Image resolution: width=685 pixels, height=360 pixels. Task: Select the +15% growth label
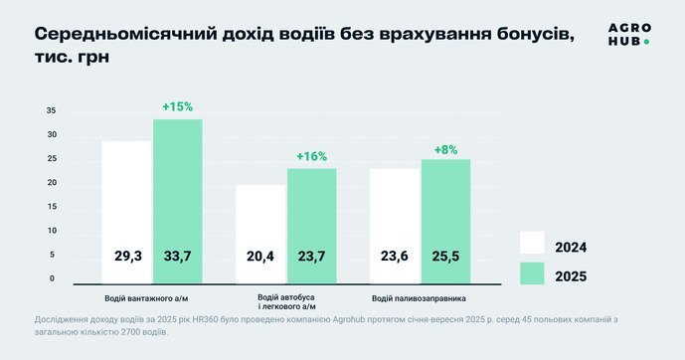177,106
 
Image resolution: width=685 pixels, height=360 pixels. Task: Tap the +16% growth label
311,156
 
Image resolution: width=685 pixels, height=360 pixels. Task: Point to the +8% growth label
445,149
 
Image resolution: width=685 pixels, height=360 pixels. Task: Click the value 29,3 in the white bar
127,257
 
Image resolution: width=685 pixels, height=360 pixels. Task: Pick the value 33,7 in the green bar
177,257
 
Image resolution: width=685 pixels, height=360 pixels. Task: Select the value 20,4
260,257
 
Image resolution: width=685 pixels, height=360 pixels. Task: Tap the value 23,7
311,257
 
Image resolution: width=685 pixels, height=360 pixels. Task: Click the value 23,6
396,257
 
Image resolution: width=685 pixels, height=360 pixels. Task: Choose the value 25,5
445,257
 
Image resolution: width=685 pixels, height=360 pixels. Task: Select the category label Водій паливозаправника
419,298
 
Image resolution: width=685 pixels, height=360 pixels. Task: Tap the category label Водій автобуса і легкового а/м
285,302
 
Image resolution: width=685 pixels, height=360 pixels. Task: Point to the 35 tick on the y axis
51,111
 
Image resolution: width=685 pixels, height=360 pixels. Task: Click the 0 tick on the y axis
53,279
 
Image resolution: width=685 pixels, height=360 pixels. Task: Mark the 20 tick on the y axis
51,184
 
